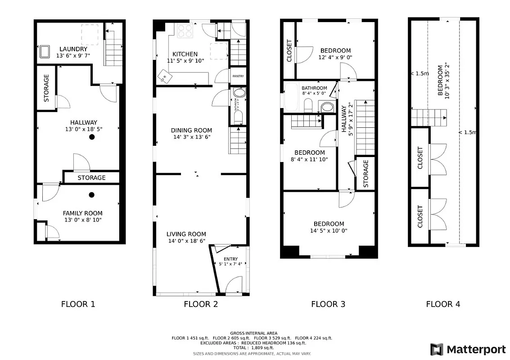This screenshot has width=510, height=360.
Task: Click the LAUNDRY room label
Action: (73, 49)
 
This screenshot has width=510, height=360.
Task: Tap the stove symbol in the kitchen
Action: (185, 31)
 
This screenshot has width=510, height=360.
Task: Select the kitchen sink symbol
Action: (165, 77)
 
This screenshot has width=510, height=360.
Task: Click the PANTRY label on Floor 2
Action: (238, 76)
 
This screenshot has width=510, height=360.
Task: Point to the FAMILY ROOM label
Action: (82, 213)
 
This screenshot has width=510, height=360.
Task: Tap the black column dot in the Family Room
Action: (91, 195)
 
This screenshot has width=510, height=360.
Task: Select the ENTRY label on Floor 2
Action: (230, 259)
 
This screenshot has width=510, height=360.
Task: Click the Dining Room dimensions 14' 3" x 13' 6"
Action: (191, 137)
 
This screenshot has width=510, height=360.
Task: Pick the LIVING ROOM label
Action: (186, 234)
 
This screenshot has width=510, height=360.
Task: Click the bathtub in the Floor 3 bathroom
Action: (291, 97)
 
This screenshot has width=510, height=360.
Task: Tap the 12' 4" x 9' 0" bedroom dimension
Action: (335, 58)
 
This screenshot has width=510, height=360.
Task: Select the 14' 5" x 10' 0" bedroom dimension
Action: (329, 231)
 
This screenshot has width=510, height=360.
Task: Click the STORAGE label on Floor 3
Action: (366, 174)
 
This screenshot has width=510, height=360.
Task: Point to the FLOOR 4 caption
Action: (443, 304)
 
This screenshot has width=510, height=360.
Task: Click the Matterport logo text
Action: (476, 349)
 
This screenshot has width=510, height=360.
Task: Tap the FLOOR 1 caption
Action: (78, 304)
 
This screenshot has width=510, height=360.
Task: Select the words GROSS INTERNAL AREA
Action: (254, 333)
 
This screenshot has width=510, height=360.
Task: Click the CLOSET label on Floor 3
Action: (289, 51)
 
